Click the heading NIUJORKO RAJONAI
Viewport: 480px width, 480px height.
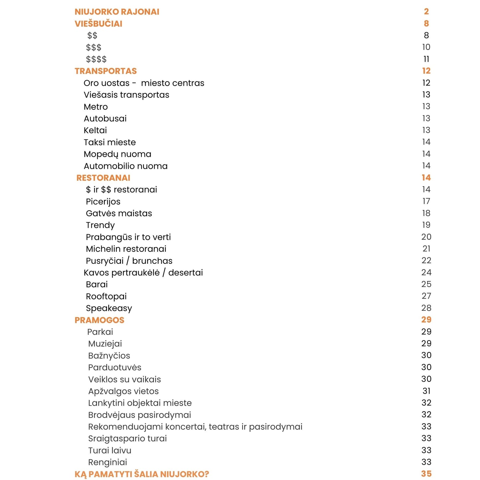tap(117, 12)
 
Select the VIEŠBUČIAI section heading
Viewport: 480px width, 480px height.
tap(98, 24)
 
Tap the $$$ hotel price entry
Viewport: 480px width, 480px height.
tap(94, 48)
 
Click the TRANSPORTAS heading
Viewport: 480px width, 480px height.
tap(106, 71)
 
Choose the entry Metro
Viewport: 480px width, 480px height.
tap(96, 107)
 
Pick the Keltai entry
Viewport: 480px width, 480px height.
tap(95, 131)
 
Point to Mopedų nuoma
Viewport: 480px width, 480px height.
tap(117, 154)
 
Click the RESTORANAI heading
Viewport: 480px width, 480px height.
tap(103, 178)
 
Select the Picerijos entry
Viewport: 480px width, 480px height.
tap(103, 202)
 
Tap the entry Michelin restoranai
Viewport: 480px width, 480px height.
tap(126, 249)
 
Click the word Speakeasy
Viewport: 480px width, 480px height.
tap(109, 308)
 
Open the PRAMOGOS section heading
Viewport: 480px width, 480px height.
tap(99, 320)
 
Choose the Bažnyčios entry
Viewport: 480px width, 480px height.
tap(109, 356)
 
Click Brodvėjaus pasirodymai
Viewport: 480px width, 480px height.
tap(140, 415)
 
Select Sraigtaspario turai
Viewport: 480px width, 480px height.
tap(127, 438)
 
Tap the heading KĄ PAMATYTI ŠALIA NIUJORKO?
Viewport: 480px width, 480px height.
tap(142, 474)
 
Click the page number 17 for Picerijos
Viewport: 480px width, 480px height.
tap(426, 201)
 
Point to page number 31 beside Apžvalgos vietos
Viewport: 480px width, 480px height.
tap(426, 391)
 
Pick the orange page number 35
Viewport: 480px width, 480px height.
tap(426, 474)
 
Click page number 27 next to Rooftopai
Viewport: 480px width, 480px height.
tap(426, 296)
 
